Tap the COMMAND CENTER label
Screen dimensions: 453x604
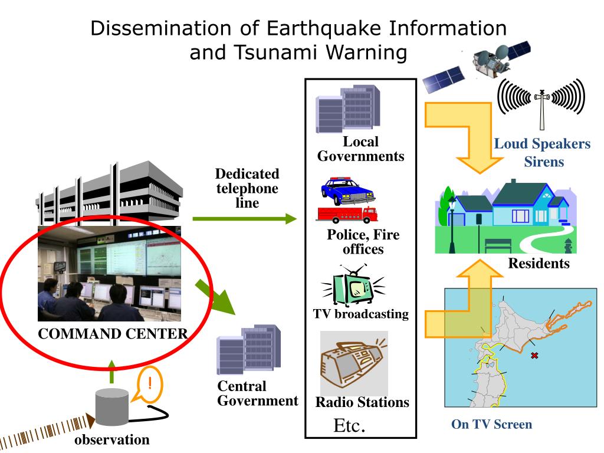(112, 334)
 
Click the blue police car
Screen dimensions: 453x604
(347, 191)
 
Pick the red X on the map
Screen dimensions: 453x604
(534, 355)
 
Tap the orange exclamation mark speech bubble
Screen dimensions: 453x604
(150, 385)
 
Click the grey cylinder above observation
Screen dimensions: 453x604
(112, 406)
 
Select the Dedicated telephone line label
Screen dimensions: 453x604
(247, 188)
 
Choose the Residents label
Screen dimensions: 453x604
(539, 263)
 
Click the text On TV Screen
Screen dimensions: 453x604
(491, 424)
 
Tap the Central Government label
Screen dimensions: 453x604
(258, 393)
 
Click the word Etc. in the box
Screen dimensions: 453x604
(350, 425)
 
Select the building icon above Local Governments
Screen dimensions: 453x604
(347, 109)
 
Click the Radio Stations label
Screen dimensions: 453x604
(362, 402)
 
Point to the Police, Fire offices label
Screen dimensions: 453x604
(363, 242)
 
